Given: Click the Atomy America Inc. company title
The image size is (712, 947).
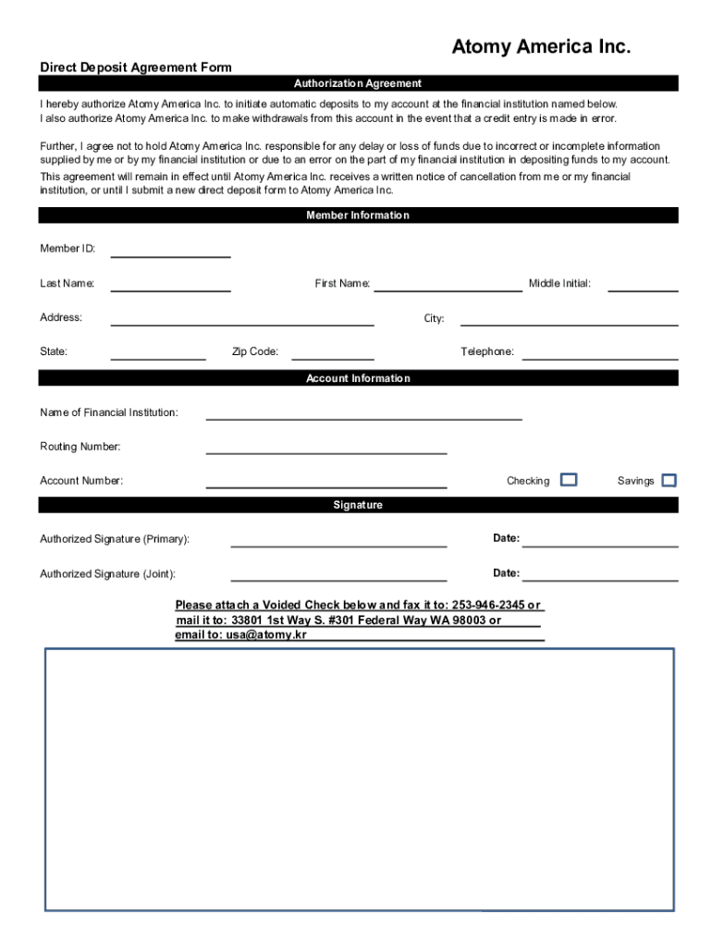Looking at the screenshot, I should [x=541, y=47].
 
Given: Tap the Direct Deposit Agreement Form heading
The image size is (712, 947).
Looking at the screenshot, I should [x=135, y=68].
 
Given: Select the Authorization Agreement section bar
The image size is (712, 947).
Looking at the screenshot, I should [x=358, y=83].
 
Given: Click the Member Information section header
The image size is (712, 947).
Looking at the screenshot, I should [x=358, y=215].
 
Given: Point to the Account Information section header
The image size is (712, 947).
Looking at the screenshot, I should [x=358, y=378].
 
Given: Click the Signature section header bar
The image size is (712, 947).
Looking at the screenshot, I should [x=358, y=505].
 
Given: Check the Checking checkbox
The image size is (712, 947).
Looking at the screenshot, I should [x=570, y=479].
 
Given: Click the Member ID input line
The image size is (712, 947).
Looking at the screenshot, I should [x=170, y=251].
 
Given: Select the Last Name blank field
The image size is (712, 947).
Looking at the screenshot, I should [x=170, y=285].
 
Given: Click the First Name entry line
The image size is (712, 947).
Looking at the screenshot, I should [x=448, y=285].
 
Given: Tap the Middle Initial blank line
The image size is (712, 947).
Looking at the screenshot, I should [x=643, y=285].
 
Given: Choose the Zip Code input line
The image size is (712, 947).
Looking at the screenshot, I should [x=333, y=353].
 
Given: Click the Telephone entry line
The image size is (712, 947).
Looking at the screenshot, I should [x=600, y=353].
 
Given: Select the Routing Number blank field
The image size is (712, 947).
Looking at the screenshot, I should [x=325, y=449].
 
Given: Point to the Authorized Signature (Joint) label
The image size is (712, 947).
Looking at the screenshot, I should [x=107, y=574].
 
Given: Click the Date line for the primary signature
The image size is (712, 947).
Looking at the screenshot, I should [x=600, y=541].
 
